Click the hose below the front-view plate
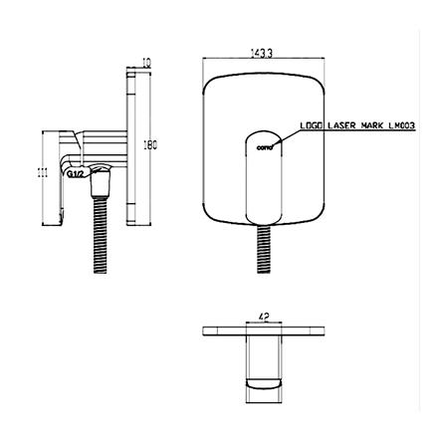[x=264, y=249]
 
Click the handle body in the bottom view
[x=264, y=353]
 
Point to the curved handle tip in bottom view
[x=264, y=382]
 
